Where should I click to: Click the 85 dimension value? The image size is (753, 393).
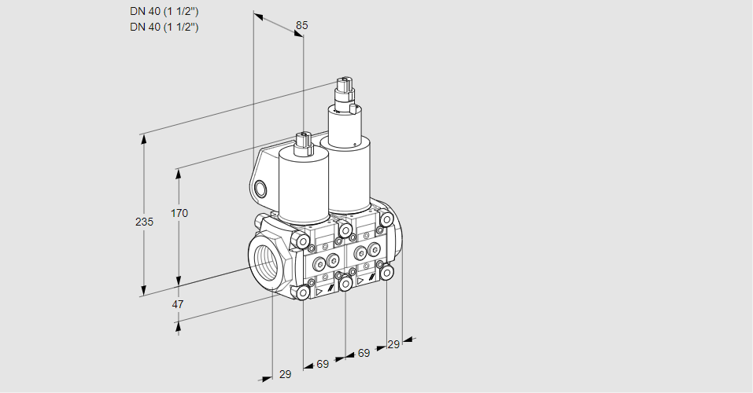click(301, 25)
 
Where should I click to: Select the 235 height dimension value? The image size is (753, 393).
click(144, 222)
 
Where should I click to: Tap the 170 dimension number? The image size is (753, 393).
click(179, 213)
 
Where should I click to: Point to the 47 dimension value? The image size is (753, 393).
click(178, 304)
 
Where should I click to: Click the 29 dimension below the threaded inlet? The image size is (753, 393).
click(286, 374)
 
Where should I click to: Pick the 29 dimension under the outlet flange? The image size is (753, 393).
click(393, 344)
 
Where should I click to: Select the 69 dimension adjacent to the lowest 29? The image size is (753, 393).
click(323, 364)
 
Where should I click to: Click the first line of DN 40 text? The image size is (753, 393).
click(164, 12)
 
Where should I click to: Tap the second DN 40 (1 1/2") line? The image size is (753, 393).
click(164, 27)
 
